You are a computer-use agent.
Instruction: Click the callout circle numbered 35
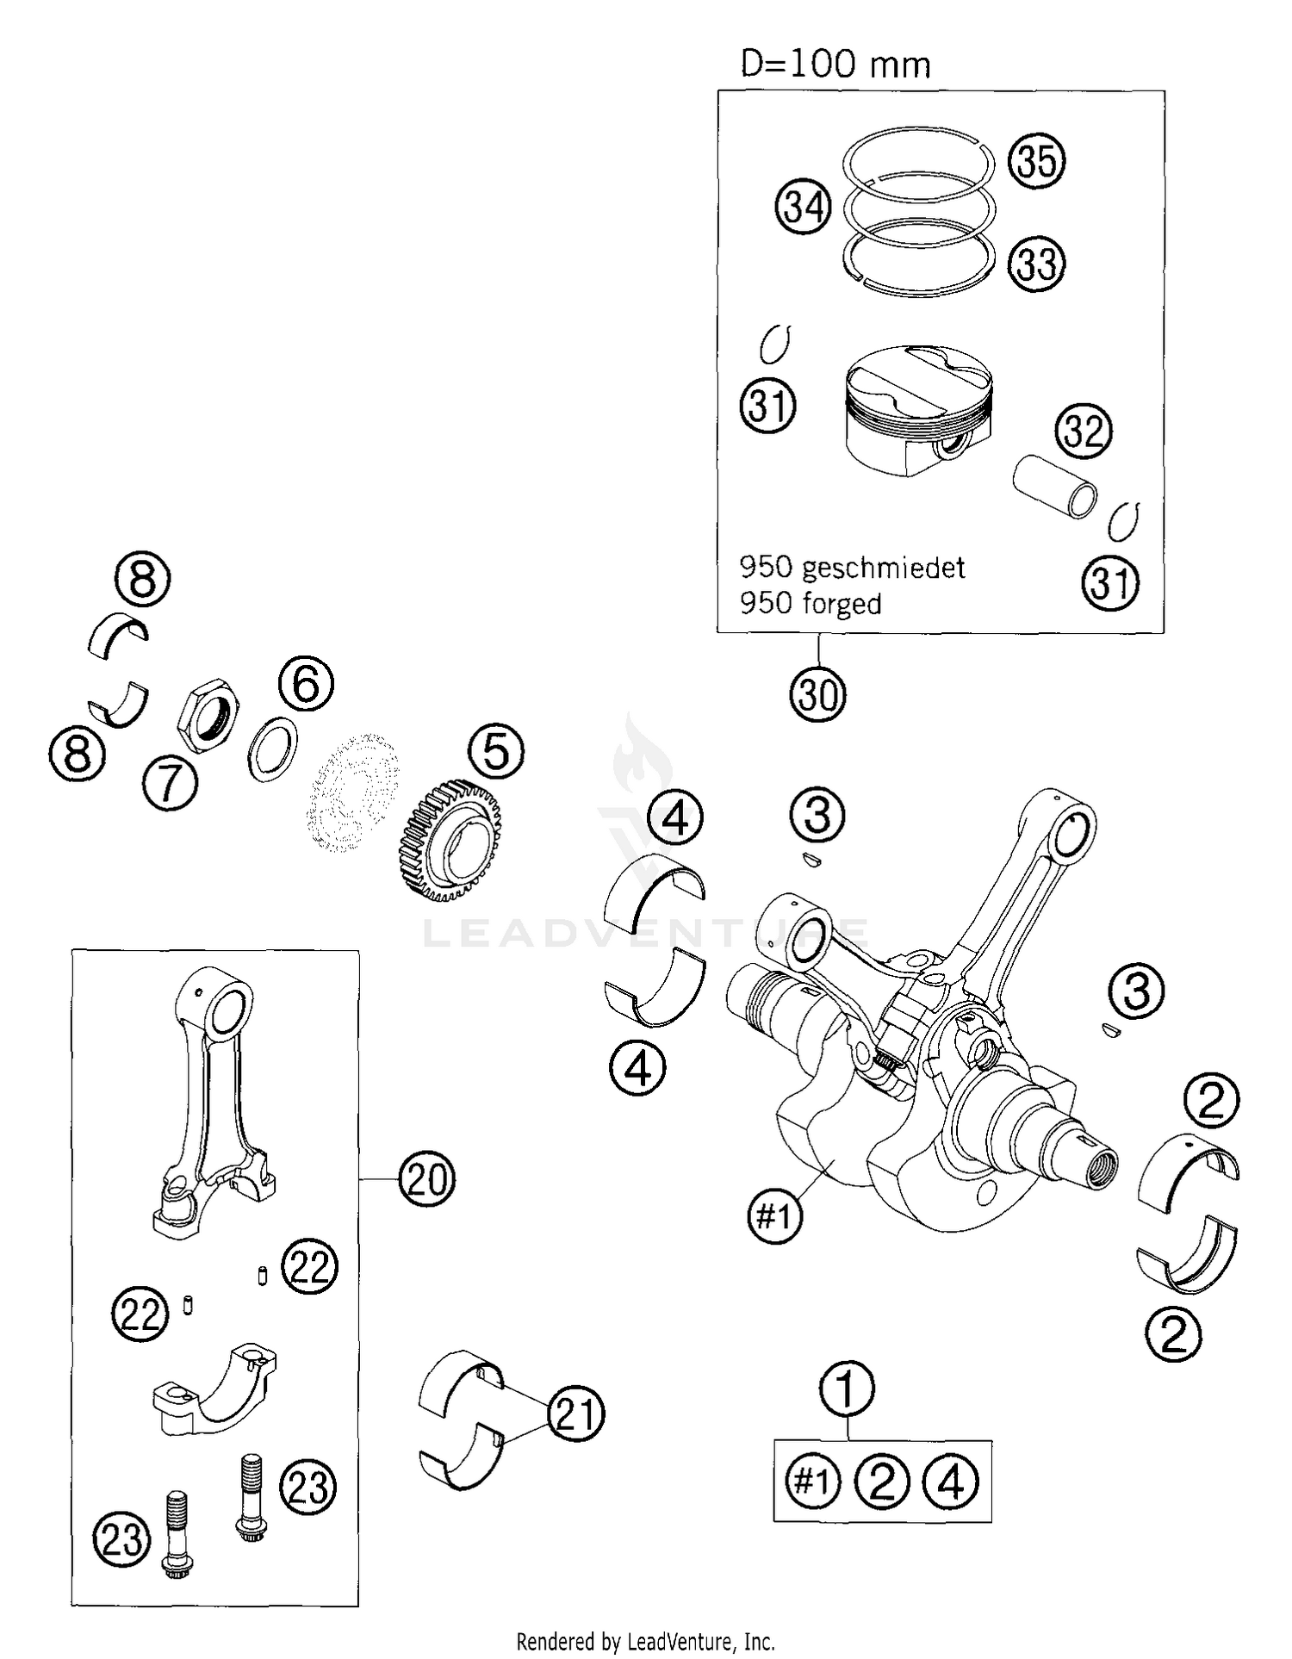pyautogui.click(x=1036, y=161)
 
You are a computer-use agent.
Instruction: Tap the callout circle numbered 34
pyautogui.click(x=803, y=208)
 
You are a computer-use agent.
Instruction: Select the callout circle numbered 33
pyautogui.click(x=1036, y=264)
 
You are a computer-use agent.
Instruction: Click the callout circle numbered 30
pyautogui.click(x=817, y=694)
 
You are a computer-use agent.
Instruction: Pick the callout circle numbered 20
pyautogui.click(x=426, y=1179)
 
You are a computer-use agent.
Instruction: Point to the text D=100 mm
pyautogui.click(x=835, y=65)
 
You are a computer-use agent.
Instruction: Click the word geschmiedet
pyautogui.click(x=883, y=568)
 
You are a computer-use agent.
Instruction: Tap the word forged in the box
pyautogui.click(x=842, y=604)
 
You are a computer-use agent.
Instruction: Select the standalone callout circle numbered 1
pyautogui.click(x=847, y=1389)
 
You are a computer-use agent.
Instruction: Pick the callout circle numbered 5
pyautogui.click(x=496, y=750)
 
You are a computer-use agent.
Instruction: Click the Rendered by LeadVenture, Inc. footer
pyautogui.click(x=645, y=1641)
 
